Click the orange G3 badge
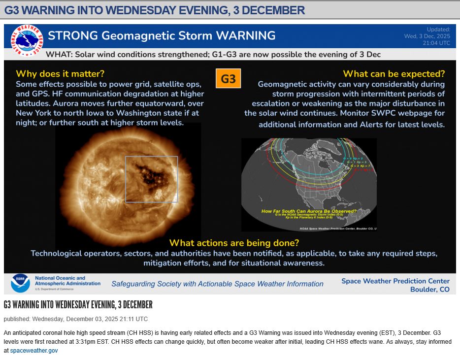(228, 78)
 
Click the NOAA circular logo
(20, 283)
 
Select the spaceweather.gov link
(33, 351)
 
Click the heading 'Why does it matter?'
(60, 74)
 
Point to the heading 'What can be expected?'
(394, 74)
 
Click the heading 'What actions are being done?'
(234, 243)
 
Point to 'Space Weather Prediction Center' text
(395, 281)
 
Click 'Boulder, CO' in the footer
(429, 290)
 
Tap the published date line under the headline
(76, 319)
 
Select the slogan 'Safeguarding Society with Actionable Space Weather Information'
(217, 284)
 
